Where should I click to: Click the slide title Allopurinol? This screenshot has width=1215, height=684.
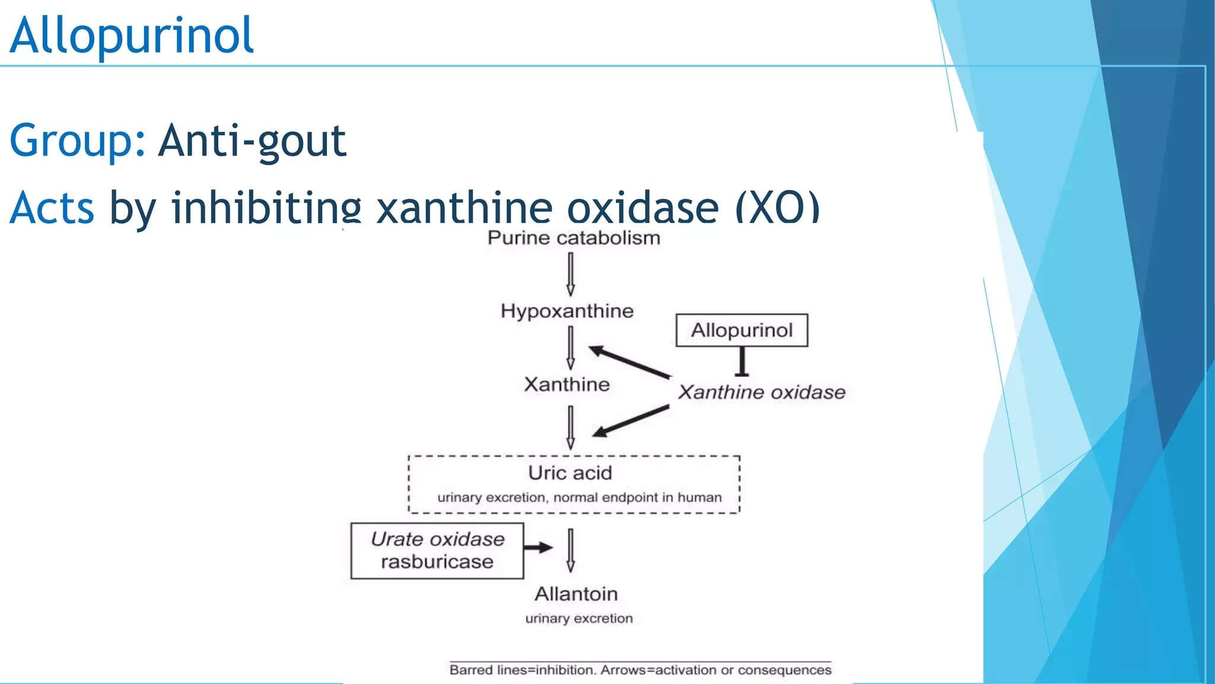pyautogui.click(x=132, y=36)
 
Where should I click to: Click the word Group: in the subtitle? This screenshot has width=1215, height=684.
pyautogui.click(x=77, y=141)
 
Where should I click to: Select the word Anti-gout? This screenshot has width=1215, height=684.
pyautogui.click(x=252, y=141)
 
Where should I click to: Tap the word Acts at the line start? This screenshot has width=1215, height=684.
pyautogui.click(x=52, y=208)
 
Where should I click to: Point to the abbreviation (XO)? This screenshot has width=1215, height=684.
pyautogui.click(x=777, y=208)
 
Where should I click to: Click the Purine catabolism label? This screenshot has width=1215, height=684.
pyautogui.click(x=574, y=238)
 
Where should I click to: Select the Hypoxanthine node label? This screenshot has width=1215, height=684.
pyautogui.click(x=567, y=311)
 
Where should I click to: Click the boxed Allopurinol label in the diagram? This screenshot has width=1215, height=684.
pyautogui.click(x=742, y=330)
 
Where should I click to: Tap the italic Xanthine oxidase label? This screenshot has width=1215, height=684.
pyautogui.click(x=762, y=392)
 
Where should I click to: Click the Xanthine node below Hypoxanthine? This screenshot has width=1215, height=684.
pyautogui.click(x=567, y=385)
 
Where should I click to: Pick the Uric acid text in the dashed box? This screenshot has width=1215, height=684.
pyautogui.click(x=570, y=473)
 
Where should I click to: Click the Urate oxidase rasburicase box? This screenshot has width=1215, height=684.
pyautogui.click(x=437, y=550)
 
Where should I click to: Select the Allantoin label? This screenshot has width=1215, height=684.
pyautogui.click(x=576, y=594)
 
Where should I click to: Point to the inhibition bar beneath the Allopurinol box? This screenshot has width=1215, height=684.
pyautogui.click(x=742, y=362)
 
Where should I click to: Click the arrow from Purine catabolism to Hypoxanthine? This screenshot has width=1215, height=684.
pyautogui.click(x=571, y=274)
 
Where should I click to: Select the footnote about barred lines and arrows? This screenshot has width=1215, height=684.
pyautogui.click(x=640, y=670)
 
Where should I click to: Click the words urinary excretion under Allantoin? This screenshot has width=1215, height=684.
pyautogui.click(x=579, y=619)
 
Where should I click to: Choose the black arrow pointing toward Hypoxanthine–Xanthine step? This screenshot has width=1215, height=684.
pyautogui.click(x=629, y=362)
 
